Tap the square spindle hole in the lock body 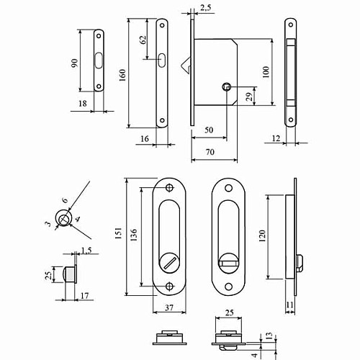tap(227, 88)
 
